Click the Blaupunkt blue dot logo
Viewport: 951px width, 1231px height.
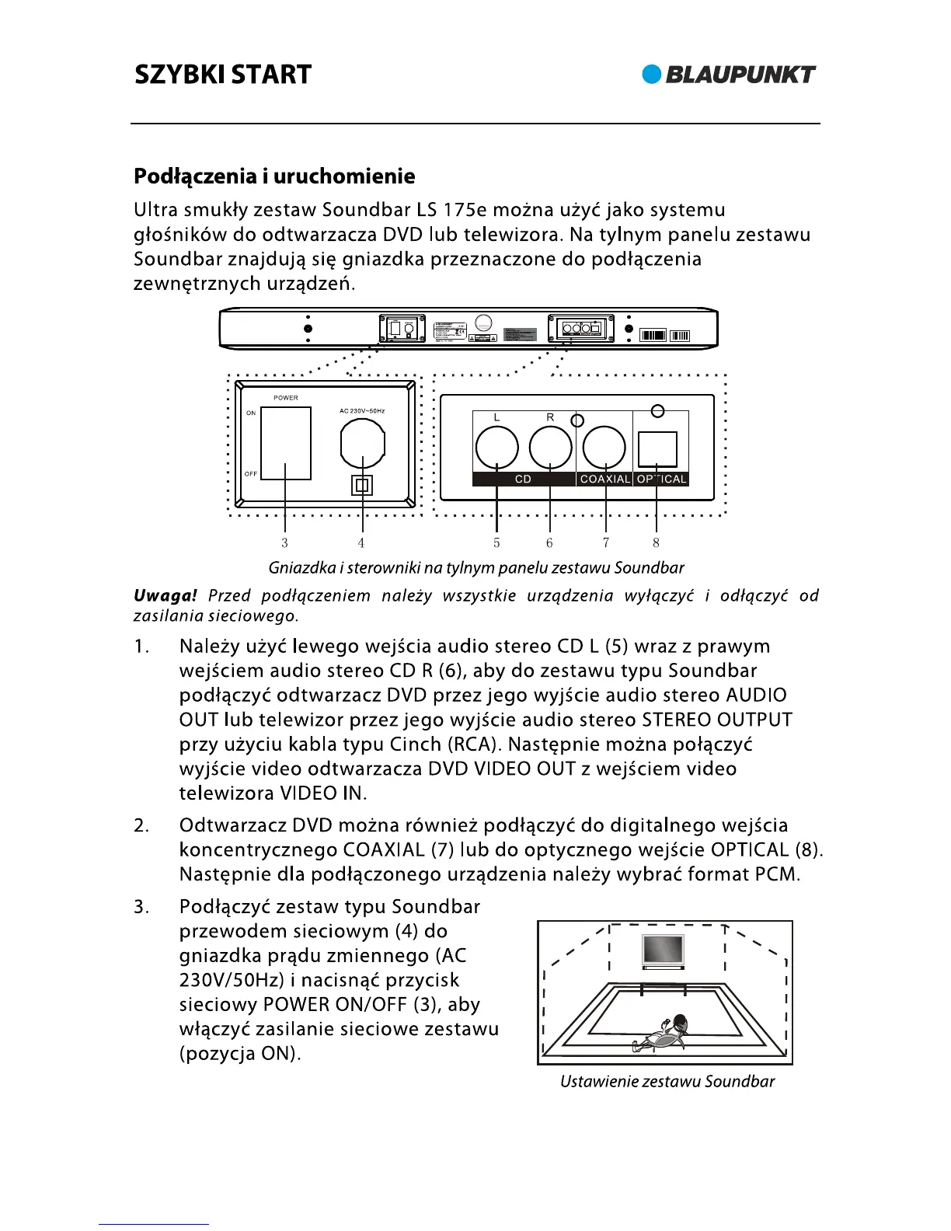[651, 75]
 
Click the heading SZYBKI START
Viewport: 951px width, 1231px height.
[223, 75]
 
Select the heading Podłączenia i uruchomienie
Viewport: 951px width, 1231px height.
[274, 176]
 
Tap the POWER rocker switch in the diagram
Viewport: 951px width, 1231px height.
[286, 443]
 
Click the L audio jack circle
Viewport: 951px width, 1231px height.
[496, 448]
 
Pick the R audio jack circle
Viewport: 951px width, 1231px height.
[550, 448]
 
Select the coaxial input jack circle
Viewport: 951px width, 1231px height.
[604, 448]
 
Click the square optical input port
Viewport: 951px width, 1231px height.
[657, 449]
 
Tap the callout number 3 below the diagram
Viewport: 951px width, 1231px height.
[285, 543]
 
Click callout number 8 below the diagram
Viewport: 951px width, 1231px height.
[657, 543]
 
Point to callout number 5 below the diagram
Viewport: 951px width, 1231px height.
[496, 543]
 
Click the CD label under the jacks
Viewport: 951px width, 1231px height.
[523, 479]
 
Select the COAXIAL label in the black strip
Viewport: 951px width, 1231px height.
[604, 479]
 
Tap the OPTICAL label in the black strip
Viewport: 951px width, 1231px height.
[661, 479]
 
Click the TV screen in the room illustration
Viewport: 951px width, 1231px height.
[663, 950]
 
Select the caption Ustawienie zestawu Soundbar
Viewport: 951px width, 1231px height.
[667, 1082]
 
